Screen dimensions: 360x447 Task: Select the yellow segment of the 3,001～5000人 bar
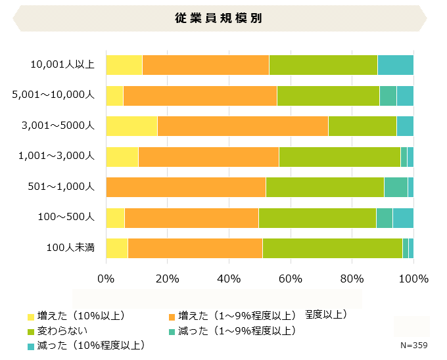click(131, 125)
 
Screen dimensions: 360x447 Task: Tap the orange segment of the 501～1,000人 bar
click(185, 187)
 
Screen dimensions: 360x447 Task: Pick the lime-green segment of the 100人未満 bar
click(332, 248)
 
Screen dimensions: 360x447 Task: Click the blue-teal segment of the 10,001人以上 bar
click(395, 65)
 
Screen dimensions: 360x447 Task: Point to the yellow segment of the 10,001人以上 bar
click(124, 65)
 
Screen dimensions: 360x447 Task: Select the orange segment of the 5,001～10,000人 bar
click(200, 95)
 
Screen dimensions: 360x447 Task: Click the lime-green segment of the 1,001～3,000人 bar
click(339, 156)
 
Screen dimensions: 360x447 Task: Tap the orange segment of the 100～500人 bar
click(191, 217)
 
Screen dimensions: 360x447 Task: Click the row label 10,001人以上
click(62, 64)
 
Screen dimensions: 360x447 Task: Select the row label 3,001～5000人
click(59, 125)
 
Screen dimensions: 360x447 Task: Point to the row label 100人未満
click(70, 248)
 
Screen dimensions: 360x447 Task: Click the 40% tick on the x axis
click(229, 278)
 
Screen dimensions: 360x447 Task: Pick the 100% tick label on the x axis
click(413, 278)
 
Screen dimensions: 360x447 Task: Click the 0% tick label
click(106, 278)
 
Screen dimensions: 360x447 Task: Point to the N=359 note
click(414, 346)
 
